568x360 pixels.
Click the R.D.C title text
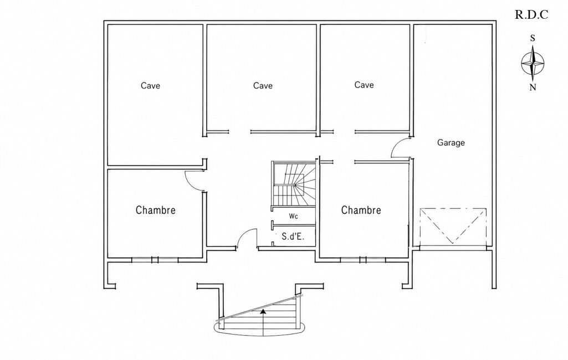click(531, 15)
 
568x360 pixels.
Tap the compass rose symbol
click(533, 63)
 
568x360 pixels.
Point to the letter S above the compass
click(533, 38)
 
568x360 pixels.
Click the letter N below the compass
click(533, 88)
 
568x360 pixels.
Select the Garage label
click(451, 143)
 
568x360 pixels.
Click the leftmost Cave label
click(150, 85)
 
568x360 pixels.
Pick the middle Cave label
click(263, 85)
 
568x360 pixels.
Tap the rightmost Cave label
click(364, 85)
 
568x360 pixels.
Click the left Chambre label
click(155, 210)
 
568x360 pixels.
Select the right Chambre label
click(361, 210)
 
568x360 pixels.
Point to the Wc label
click(293, 216)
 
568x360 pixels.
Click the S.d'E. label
click(293, 236)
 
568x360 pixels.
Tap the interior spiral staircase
click(294, 185)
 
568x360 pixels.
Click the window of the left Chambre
click(155, 260)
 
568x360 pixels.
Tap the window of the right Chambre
click(363, 260)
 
